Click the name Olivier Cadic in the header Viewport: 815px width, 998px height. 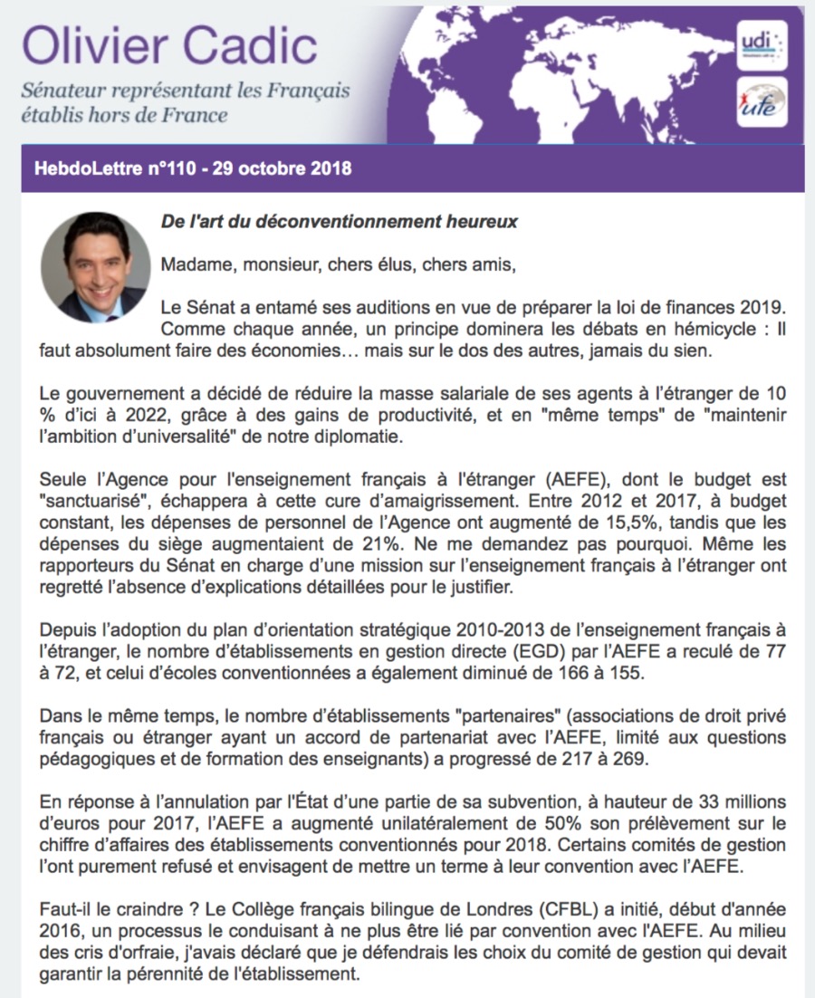(170, 44)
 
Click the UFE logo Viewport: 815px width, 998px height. (762, 102)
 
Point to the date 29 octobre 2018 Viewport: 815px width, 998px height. (282, 168)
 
